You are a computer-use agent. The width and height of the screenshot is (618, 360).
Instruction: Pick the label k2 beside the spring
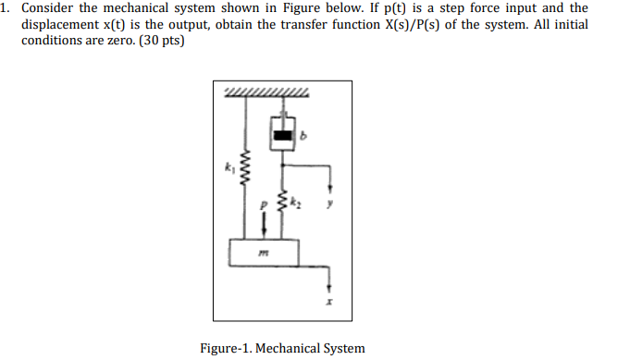pos(298,197)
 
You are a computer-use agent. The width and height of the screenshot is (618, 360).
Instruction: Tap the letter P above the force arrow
pos(264,201)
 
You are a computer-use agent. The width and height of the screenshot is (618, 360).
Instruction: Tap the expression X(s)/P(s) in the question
pos(418,24)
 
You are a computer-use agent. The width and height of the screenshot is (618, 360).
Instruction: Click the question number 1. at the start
pos(6,7)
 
